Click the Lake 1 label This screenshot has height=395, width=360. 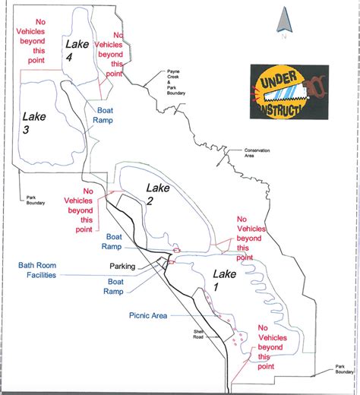[226, 280]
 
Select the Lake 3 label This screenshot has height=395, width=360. [36, 124]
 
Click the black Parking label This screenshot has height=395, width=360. [122, 267]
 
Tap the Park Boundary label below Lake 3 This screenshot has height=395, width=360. [36, 201]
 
